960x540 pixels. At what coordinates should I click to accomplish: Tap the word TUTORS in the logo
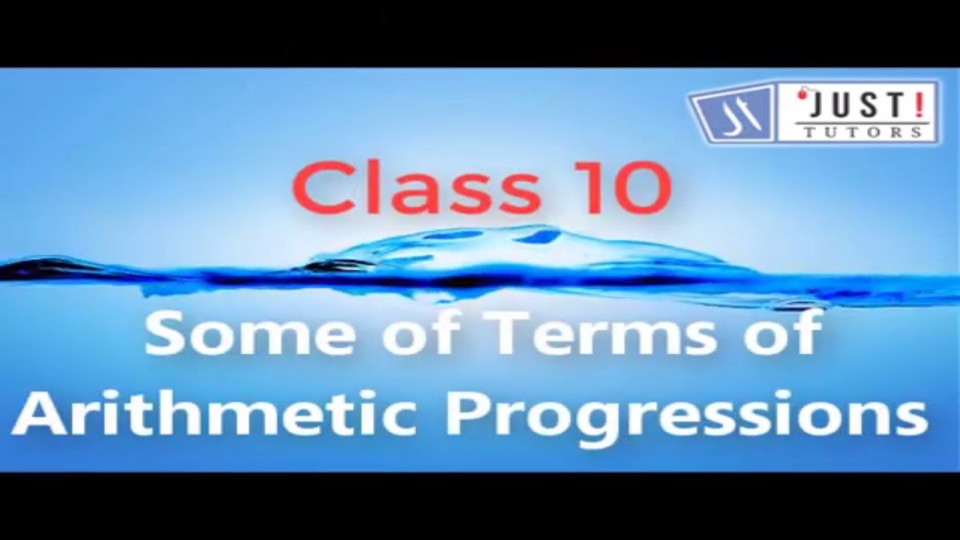point(862,132)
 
